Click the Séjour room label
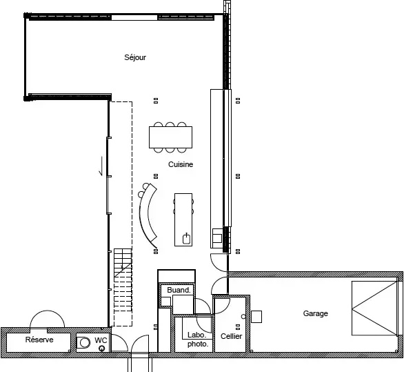pos(135,57)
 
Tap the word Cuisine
pos(181,164)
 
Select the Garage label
pos(315,313)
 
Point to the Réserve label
pos(39,340)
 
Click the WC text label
pos(101,340)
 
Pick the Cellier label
pos(232,336)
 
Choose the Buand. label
pos(179,290)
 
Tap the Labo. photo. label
pos(198,340)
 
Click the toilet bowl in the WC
pos(83,343)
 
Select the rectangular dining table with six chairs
pos(170,137)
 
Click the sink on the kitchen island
pos(187,239)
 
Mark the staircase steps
pos(123,287)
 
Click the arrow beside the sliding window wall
pos(101,166)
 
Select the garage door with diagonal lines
pos(375,309)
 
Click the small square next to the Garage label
pos(256,317)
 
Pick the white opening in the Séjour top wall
pos(134,18)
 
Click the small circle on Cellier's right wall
pos(243,316)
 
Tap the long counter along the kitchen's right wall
pos(217,168)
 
